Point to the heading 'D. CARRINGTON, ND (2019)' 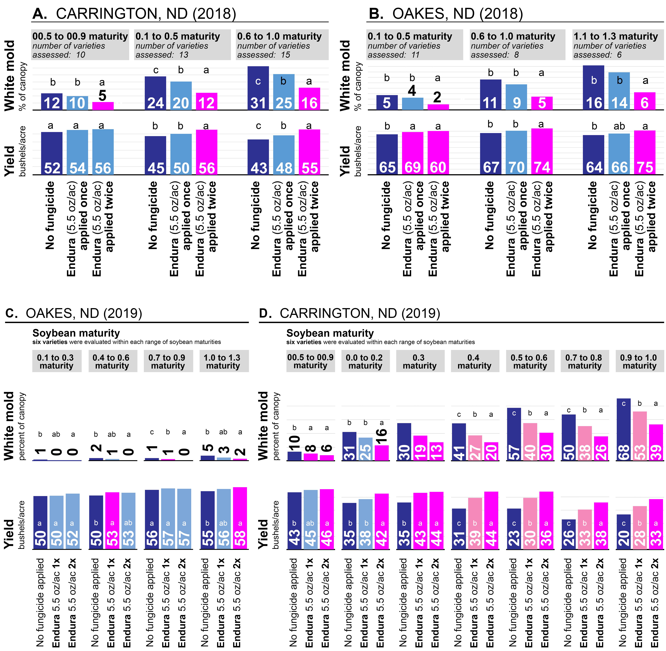[349, 313]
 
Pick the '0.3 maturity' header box [420, 361]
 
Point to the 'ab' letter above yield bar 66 [619, 126]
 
